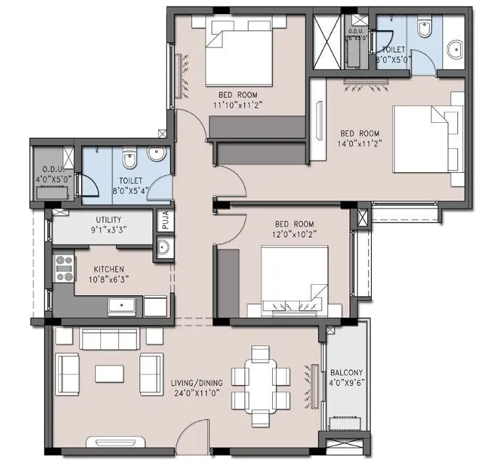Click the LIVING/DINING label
(197, 382)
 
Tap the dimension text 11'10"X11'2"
(237, 105)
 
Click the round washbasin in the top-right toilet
(455, 49)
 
